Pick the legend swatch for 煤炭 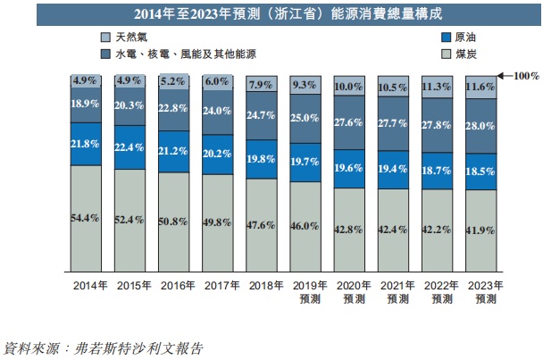[447, 55]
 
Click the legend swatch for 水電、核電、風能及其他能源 [105, 55]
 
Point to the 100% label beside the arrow [527, 76]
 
